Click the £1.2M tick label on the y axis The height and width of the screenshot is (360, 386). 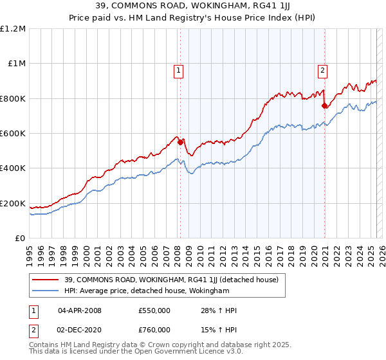click(x=13, y=29)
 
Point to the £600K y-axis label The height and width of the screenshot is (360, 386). click(x=13, y=134)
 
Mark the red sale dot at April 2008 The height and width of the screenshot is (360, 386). click(x=180, y=142)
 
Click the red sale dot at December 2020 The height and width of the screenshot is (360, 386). click(x=324, y=105)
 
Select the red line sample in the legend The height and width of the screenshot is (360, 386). click(x=46, y=280)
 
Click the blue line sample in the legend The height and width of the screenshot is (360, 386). click(x=46, y=291)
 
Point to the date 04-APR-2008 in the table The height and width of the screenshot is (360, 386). click(x=80, y=310)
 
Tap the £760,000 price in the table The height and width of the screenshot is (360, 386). click(x=154, y=330)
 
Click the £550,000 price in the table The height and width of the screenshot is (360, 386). click(x=154, y=310)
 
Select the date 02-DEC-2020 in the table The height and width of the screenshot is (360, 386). click(x=80, y=330)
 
